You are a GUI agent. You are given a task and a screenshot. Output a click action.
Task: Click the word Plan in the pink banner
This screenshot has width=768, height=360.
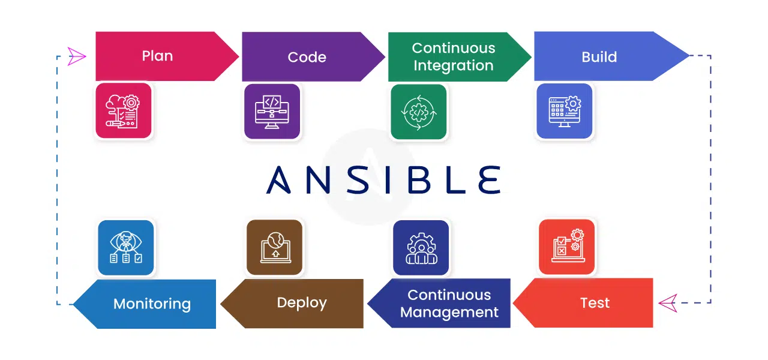(157, 56)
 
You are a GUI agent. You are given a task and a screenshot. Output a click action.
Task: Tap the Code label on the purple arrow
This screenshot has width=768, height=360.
(307, 57)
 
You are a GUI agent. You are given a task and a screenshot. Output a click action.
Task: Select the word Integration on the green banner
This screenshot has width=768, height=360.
(453, 66)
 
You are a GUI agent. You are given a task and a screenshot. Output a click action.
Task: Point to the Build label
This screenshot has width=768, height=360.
(599, 57)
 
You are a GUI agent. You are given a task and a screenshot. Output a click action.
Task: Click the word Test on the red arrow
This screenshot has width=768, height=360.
(595, 303)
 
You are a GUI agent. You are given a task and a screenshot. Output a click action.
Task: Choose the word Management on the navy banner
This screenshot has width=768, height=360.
(449, 313)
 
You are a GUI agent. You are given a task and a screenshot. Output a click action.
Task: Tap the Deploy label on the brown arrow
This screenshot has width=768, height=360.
(302, 303)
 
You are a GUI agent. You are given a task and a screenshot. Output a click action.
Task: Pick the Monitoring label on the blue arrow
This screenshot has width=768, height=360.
(152, 304)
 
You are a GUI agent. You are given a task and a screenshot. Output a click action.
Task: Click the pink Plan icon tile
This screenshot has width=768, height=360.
(124, 111)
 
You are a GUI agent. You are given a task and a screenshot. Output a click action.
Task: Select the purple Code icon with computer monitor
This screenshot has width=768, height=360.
(272, 112)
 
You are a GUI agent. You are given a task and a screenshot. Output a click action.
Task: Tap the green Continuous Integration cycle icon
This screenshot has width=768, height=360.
(419, 112)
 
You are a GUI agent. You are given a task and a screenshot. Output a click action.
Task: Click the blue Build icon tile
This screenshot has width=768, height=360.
(565, 111)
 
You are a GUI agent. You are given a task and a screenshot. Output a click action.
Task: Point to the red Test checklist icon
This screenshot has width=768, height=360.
(567, 247)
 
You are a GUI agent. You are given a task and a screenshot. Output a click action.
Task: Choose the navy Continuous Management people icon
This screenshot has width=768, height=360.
(421, 248)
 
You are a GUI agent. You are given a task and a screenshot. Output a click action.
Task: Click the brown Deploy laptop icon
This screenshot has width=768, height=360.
(274, 247)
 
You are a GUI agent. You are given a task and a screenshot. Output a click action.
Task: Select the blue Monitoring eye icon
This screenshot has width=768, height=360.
(126, 248)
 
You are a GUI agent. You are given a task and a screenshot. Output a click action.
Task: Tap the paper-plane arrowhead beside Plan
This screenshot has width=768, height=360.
(76, 56)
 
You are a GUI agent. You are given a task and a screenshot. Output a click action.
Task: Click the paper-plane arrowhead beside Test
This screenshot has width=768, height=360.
(668, 303)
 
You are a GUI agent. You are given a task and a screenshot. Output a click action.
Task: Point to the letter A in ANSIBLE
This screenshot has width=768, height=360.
(278, 180)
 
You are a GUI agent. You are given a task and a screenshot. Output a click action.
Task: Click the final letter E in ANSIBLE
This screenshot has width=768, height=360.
(489, 180)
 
